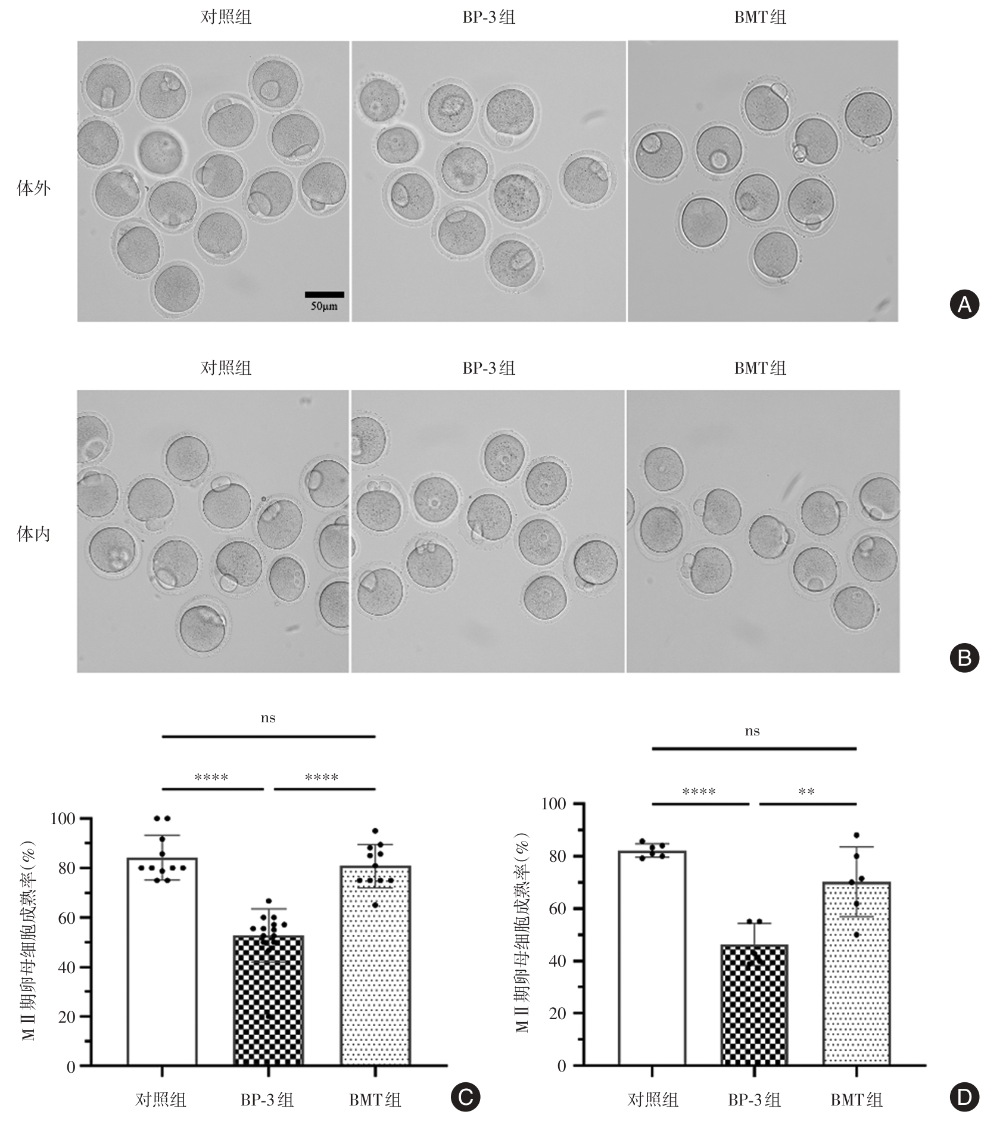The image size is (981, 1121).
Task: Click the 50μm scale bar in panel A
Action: (x=324, y=294)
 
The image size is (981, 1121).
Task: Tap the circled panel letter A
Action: (x=964, y=305)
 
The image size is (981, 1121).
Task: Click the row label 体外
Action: (x=34, y=189)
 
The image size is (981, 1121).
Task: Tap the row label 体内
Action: (x=34, y=535)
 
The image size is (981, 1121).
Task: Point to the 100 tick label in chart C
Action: (x=64, y=819)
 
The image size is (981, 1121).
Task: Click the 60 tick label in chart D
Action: (x=553, y=909)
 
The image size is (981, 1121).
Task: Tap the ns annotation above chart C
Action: (x=268, y=718)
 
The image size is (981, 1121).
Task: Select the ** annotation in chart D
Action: (x=806, y=792)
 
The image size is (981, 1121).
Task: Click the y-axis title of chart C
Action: (x=29, y=940)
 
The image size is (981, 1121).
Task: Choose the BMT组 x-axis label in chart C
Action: (x=375, y=1100)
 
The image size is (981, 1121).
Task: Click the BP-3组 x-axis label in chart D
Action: (x=754, y=1100)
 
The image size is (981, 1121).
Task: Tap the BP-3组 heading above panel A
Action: (x=488, y=17)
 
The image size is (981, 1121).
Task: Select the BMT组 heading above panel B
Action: (x=760, y=368)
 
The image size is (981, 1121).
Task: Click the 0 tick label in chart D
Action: (x=561, y=1066)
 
